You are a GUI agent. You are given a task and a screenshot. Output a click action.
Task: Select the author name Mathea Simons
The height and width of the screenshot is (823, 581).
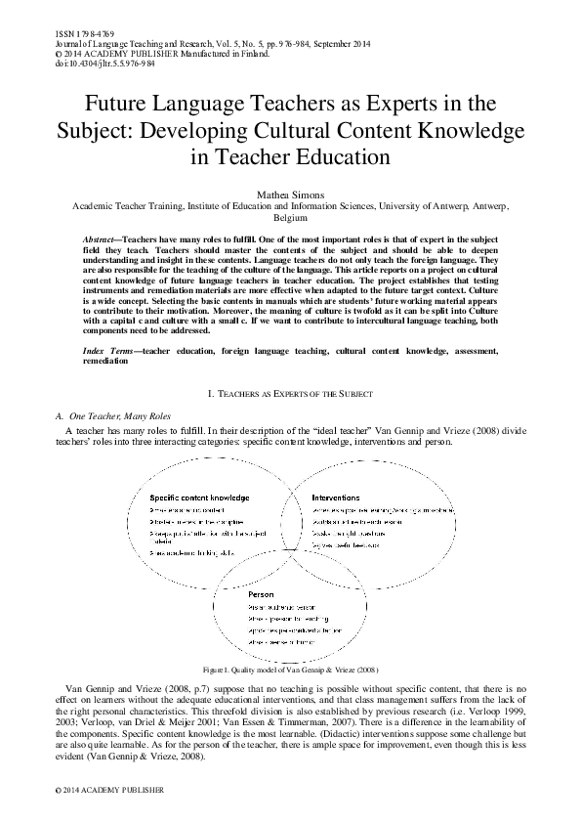click(x=290, y=195)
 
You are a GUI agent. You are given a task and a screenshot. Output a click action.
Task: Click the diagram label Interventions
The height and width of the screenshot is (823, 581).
click(x=336, y=497)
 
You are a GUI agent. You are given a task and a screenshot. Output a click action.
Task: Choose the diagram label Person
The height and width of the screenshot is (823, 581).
click(x=260, y=593)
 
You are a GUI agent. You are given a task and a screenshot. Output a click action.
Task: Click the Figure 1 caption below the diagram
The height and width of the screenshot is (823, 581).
click(x=290, y=671)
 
